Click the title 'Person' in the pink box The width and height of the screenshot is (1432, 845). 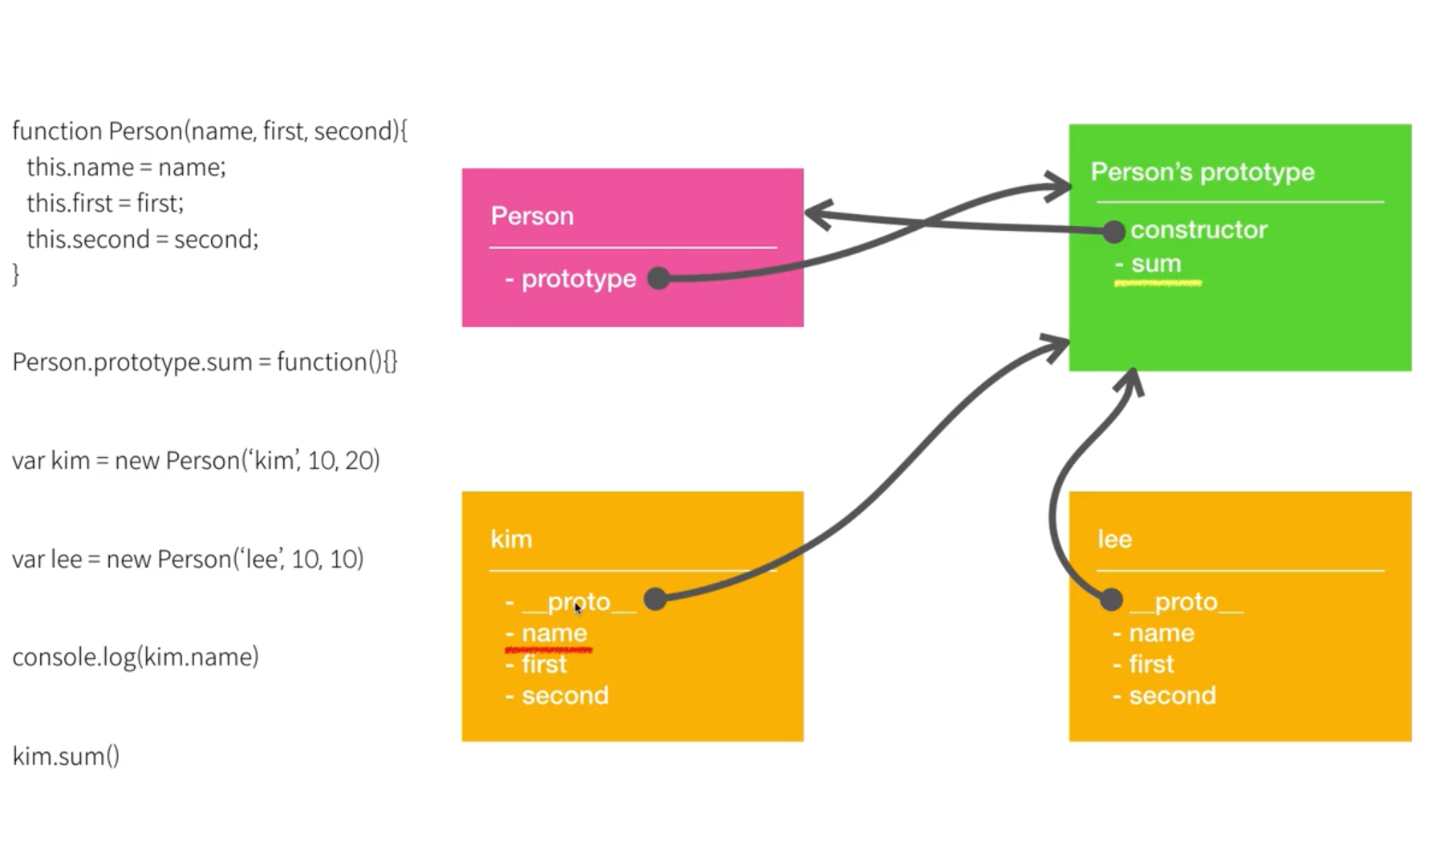(532, 216)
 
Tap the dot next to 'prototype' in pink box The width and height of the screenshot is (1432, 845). (659, 278)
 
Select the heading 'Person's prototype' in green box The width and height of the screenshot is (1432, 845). (1202, 172)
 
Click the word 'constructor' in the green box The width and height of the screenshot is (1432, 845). (1199, 230)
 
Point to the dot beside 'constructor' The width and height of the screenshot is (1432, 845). (1113, 232)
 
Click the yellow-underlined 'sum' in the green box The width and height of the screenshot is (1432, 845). (1155, 264)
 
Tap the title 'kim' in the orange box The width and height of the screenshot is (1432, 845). (511, 540)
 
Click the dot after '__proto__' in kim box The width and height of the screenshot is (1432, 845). (655, 598)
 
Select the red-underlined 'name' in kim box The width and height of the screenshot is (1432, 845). (554, 633)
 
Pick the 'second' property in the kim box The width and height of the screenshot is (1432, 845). (565, 696)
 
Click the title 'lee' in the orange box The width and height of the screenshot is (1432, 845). (1114, 540)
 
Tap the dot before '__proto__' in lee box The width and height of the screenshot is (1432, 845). (1111, 599)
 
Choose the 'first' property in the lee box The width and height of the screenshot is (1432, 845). (1150, 665)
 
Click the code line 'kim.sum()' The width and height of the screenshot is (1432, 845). (66, 756)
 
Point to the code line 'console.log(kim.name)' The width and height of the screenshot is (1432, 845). (136, 657)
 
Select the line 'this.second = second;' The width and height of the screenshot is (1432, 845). (142, 239)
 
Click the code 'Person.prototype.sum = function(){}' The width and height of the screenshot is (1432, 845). (205, 362)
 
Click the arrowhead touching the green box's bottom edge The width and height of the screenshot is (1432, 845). (1132, 381)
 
